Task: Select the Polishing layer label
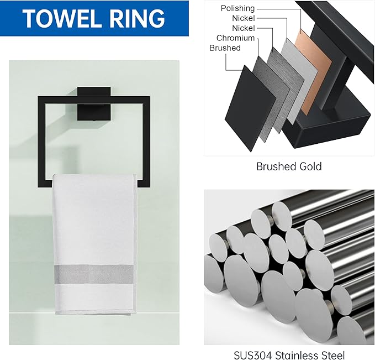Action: tap(237, 8)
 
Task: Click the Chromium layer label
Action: tap(235, 38)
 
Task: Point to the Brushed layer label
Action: tap(225, 48)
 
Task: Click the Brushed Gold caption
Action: tap(288, 166)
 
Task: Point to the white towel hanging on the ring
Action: tap(94, 232)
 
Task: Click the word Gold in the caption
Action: tap(310, 166)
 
